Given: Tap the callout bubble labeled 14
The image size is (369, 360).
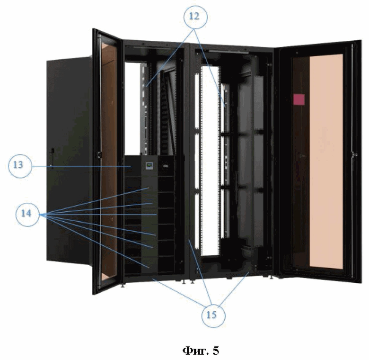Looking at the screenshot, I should (30, 213).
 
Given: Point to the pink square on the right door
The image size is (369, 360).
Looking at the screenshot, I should (299, 99).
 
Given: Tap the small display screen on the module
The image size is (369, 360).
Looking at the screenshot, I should (149, 165).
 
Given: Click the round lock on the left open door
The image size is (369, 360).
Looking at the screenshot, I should (98, 154).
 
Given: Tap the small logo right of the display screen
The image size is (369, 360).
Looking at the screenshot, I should (164, 166).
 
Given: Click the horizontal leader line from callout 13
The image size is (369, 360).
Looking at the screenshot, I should (80, 167).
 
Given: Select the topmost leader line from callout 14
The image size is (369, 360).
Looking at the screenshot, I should (95, 201).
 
